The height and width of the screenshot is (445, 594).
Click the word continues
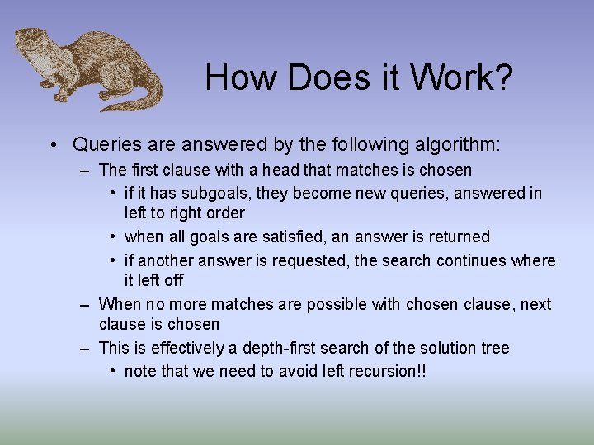pos(473,260)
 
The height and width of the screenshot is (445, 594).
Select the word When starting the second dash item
pos(120,304)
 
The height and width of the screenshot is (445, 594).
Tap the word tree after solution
pos(494,348)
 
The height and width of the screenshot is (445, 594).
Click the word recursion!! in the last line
pos(389,371)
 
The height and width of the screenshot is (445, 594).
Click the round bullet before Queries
pos(52,145)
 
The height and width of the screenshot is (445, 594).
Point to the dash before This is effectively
pos(85,349)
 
